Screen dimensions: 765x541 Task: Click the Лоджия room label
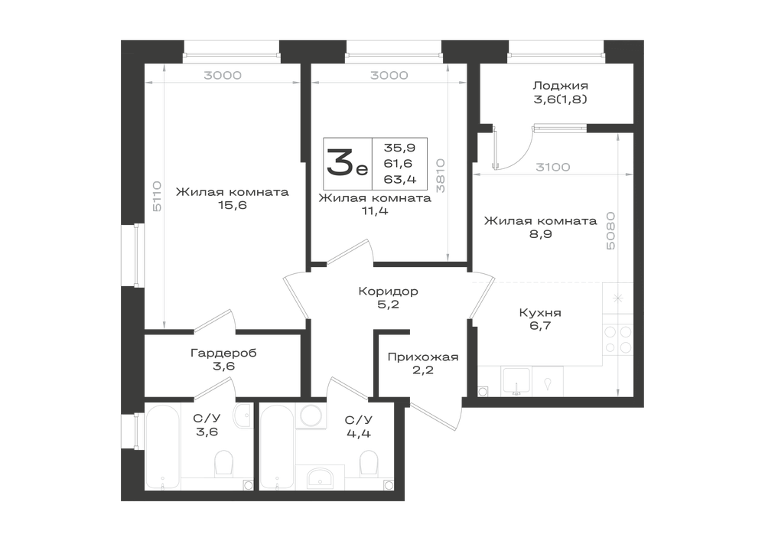560,86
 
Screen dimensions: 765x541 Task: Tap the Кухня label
540,313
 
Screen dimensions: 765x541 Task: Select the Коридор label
389,292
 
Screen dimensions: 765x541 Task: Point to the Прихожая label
423,357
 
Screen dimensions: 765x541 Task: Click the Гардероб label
223,353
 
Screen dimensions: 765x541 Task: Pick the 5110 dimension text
157,196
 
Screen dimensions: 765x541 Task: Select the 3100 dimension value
553,168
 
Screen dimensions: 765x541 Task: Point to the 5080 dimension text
610,231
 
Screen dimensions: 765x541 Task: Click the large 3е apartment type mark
347,163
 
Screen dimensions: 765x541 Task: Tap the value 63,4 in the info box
400,180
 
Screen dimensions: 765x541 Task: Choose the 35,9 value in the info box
399,148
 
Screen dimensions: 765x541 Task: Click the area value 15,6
233,205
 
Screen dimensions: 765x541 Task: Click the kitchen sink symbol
516,381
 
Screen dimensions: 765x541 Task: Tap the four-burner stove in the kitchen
617,340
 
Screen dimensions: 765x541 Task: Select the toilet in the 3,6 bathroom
224,462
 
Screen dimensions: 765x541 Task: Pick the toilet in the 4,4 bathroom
369,462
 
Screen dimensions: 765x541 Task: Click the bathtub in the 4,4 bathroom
277,447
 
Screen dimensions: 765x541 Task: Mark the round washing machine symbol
310,416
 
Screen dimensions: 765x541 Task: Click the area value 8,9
541,234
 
